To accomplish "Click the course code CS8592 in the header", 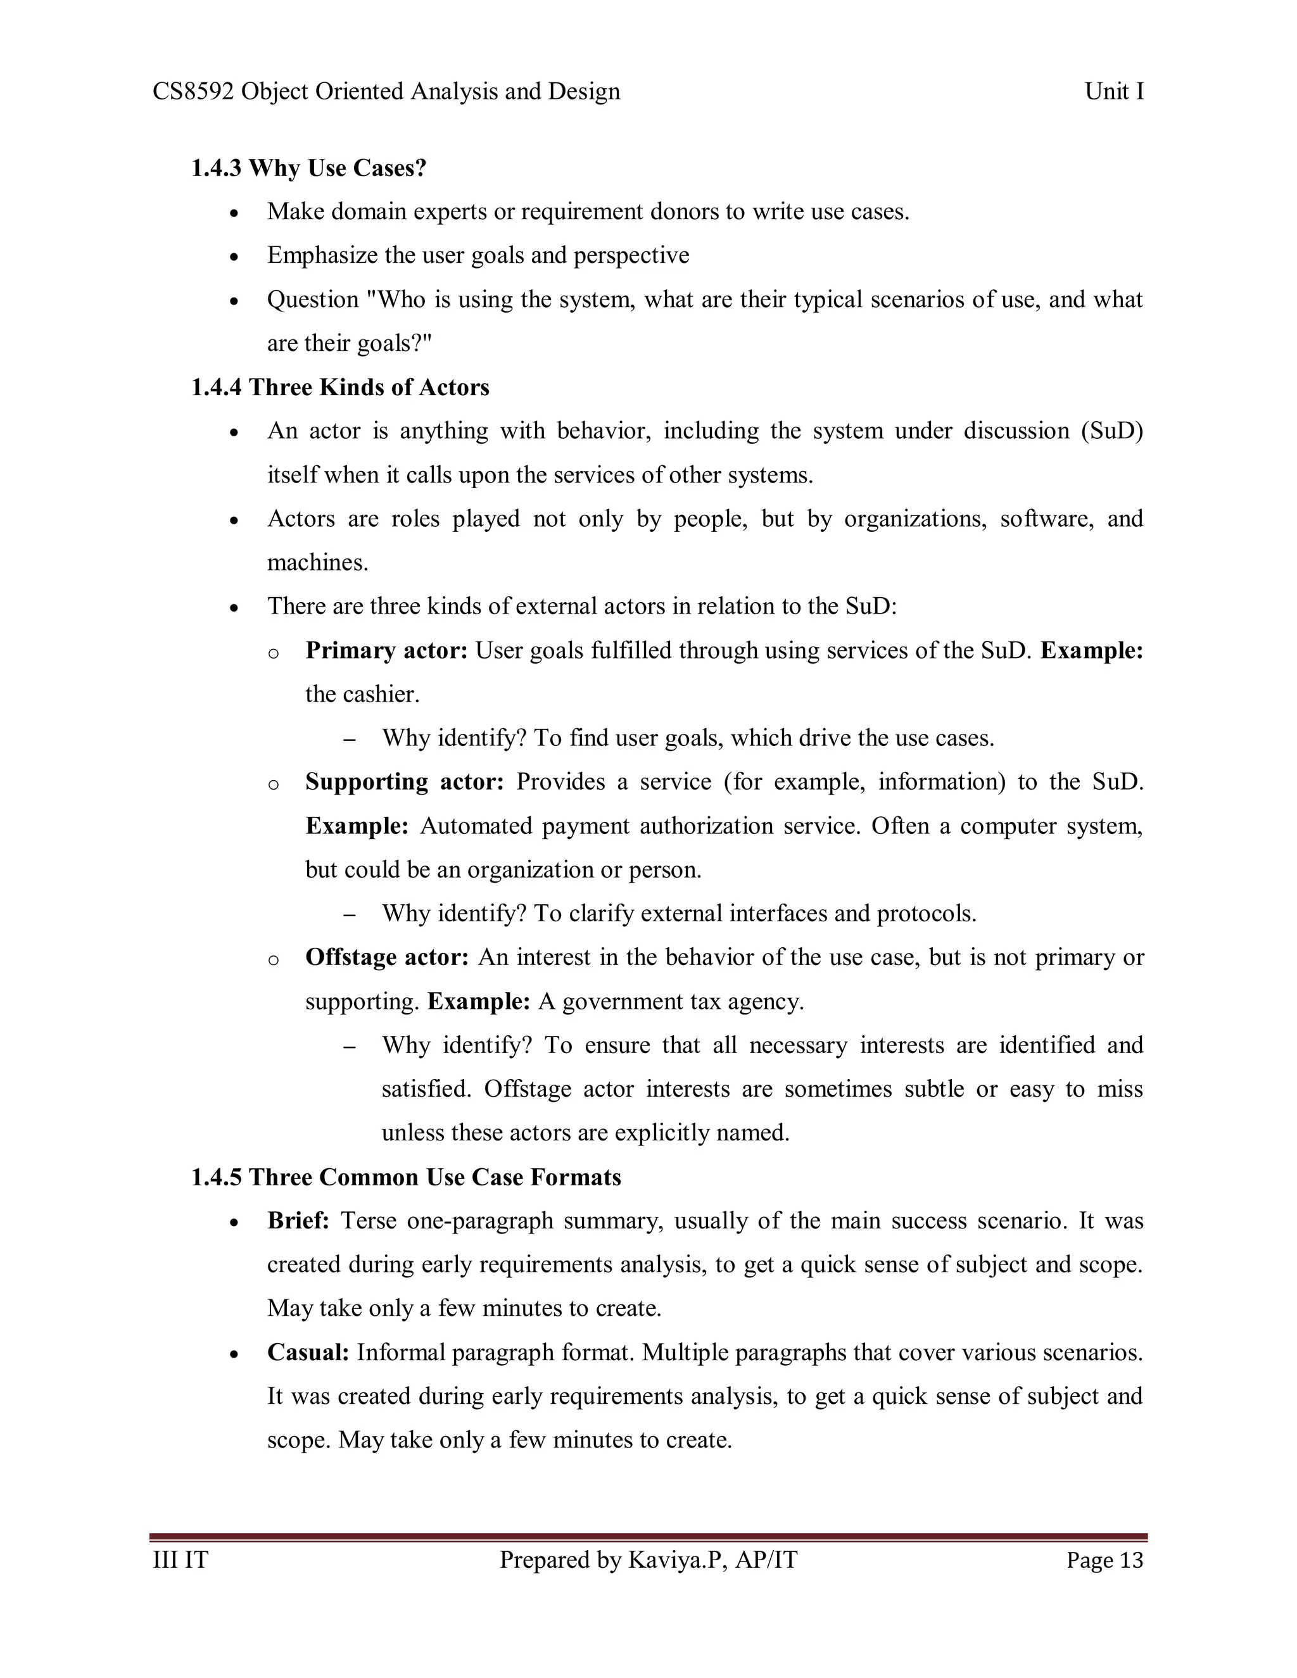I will [193, 91].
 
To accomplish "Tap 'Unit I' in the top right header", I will [1114, 91].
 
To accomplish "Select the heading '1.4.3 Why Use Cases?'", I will [308, 168].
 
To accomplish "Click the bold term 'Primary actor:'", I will [386, 650].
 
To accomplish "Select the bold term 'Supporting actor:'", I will [404, 781].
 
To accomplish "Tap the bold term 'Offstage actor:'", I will [386, 957].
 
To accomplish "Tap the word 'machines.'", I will [317, 562].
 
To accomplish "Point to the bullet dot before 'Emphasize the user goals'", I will [236, 256].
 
